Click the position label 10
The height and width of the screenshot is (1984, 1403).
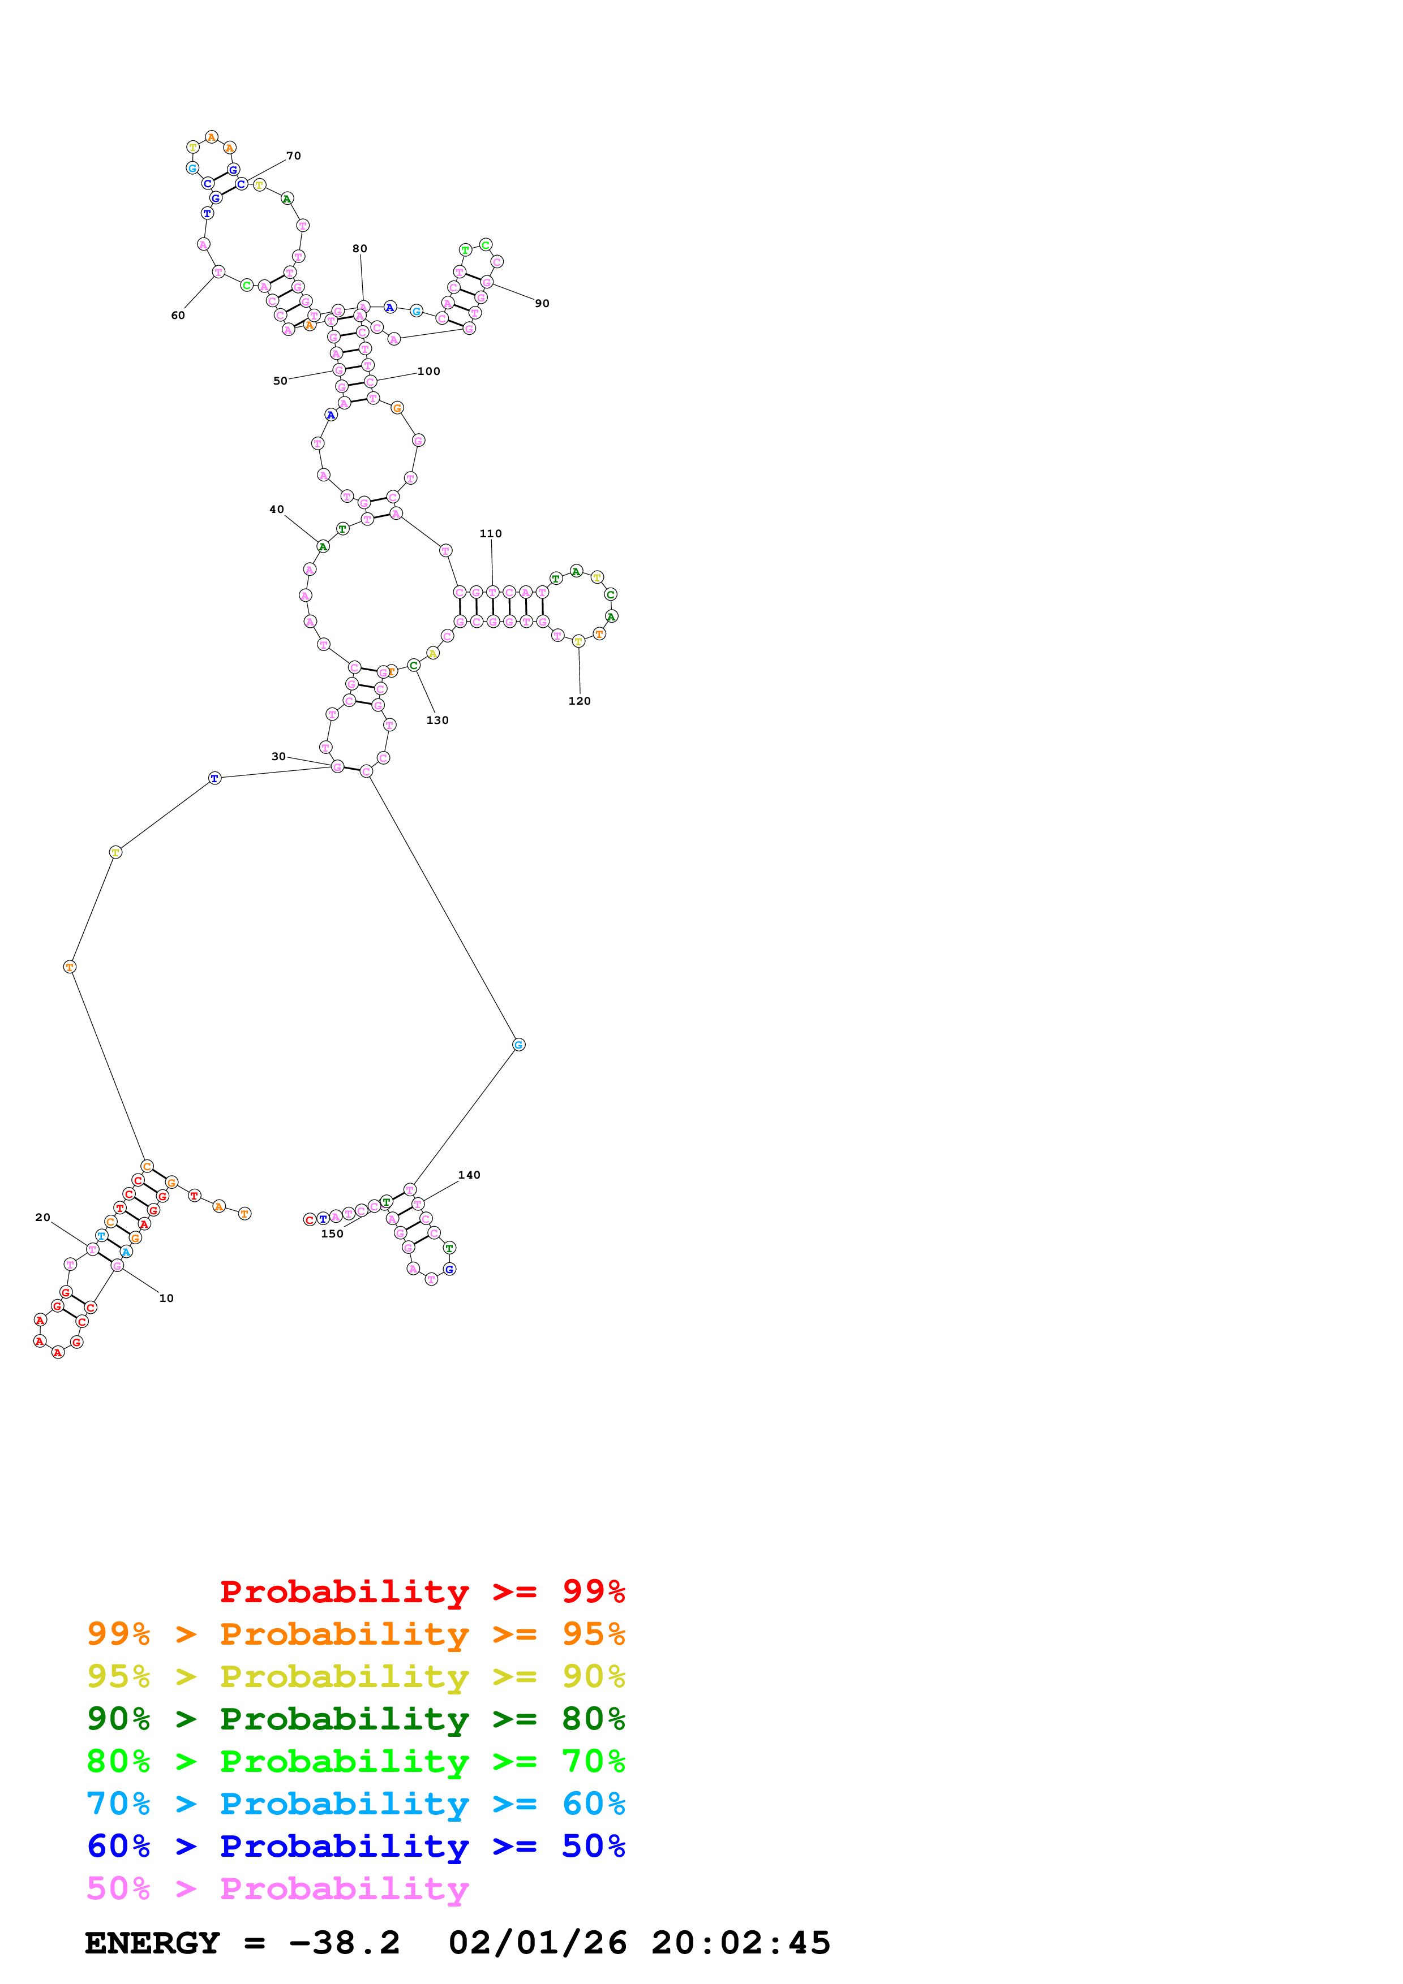coord(166,1298)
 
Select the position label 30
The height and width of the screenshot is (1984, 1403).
coord(278,756)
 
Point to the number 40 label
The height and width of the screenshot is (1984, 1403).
coord(277,509)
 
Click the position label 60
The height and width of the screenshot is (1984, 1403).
coord(177,316)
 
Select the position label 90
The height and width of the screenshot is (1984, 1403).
coord(542,303)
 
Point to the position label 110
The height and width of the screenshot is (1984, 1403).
coord(491,533)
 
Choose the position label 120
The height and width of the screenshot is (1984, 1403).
coord(579,701)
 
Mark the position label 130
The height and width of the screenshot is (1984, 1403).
coord(437,720)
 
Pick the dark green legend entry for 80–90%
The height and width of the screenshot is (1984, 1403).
coord(355,1719)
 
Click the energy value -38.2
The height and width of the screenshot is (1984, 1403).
coord(344,1943)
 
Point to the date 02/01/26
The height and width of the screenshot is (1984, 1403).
coord(538,1943)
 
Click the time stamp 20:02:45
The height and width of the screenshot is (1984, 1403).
coord(741,1943)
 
